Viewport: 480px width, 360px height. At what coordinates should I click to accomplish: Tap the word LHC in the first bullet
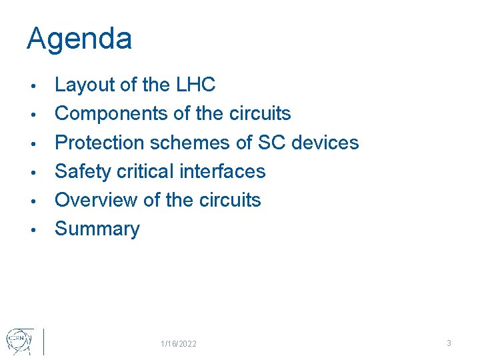pyautogui.click(x=195, y=85)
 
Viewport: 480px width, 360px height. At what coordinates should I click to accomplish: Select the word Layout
pyautogui.click(x=85, y=85)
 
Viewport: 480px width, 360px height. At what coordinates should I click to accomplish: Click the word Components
pyautogui.click(x=111, y=114)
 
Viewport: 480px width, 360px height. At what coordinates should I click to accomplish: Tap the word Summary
pyautogui.click(x=97, y=229)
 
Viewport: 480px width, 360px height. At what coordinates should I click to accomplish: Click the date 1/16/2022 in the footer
pyautogui.click(x=179, y=343)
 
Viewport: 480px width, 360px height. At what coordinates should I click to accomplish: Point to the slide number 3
pyautogui.click(x=449, y=343)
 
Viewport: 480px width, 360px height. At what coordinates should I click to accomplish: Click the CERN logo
pyautogui.click(x=18, y=341)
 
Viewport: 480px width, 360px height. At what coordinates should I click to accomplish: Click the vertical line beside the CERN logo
pyautogui.click(x=43, y=341)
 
